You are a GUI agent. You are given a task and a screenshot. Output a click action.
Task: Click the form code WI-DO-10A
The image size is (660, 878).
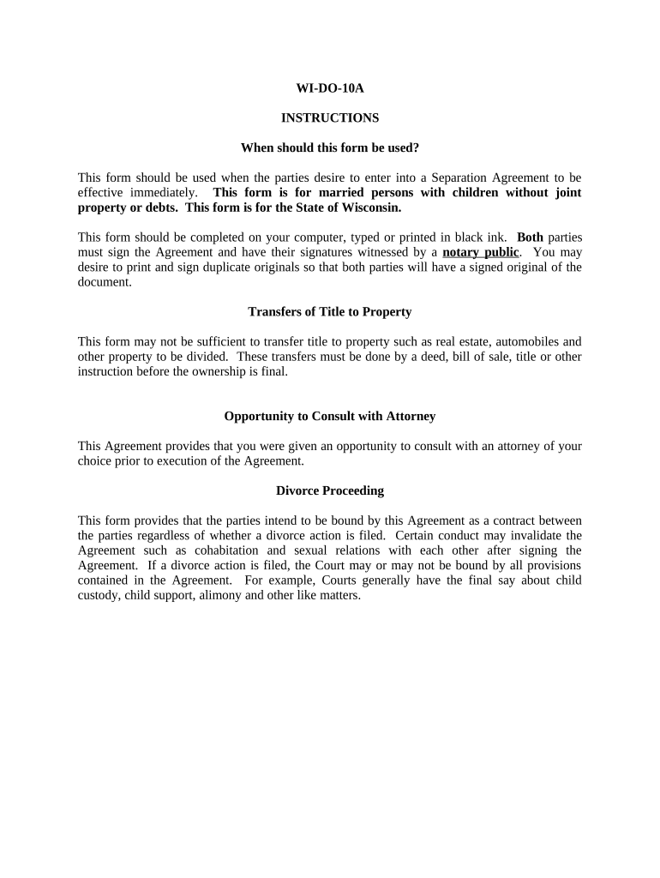click(x=329, y=87)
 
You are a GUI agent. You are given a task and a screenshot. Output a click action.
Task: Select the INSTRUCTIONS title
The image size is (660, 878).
click(x=329, y=117)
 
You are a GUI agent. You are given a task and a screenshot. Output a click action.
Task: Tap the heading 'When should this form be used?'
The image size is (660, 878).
click(x=329, y=147)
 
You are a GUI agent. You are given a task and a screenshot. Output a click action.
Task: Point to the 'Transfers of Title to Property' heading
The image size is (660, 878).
click(x=329, y=311)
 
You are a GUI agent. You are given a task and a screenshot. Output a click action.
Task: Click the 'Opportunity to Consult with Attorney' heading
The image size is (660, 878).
click(x=329, y=416)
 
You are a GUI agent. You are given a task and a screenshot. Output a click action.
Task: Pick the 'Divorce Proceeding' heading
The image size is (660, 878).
click(x=329, y=490)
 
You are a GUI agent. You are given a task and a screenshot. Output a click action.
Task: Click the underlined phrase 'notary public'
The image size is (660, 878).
click(x=480, y=252)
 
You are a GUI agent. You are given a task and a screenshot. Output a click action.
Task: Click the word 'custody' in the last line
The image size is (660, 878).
click(x=98, y=595)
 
